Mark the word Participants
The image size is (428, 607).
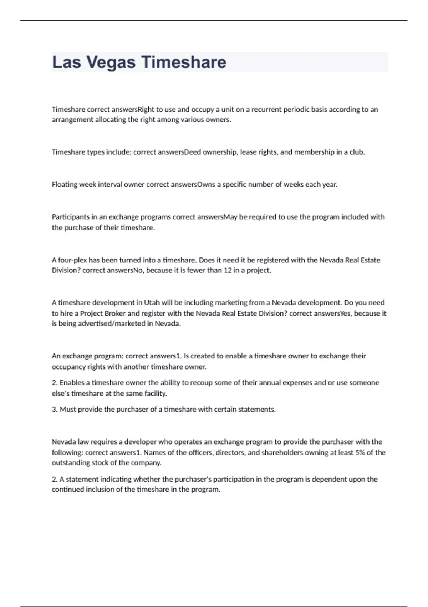pyautogui.click(x=70, y=217)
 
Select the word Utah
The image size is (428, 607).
pyautogui.click(x=152, y=303)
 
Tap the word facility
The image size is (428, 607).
pyautogui.click(x=156, y=393)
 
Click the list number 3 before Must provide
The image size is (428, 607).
pyautogui.click(x=54, y=410)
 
